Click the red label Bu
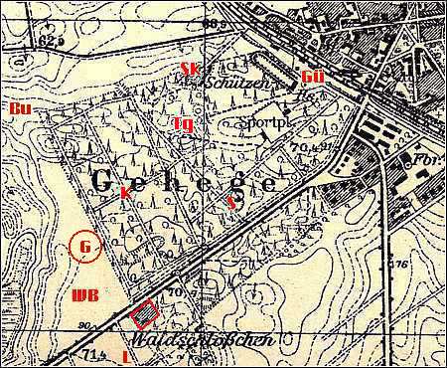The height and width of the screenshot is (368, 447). coord(18,106)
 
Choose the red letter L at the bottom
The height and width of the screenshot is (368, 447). coord(125,354)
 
